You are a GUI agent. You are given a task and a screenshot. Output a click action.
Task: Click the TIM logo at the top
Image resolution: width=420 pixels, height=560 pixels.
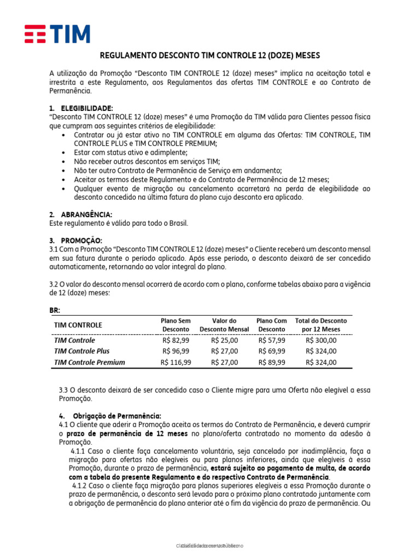[x=57, y=34]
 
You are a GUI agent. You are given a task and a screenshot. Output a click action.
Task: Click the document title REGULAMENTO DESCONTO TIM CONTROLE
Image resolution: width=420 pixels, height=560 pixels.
[x=210, y=56]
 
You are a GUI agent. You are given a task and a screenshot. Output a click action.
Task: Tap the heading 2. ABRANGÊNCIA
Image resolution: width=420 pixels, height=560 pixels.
[x=85, y=214]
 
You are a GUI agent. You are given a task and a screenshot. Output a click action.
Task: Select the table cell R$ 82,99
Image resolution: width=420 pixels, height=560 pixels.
[x=176, y=340]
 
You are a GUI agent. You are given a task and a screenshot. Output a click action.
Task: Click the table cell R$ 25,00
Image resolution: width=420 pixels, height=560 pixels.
[x=224, y=340]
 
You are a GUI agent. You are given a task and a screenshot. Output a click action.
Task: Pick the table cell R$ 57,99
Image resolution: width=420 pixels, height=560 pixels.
[x=271, y=340]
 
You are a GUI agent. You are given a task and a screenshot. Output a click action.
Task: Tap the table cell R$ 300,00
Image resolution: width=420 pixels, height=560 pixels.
[x=321, y=340]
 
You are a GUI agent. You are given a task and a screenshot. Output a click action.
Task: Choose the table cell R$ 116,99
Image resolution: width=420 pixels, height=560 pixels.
[x=176, y=362]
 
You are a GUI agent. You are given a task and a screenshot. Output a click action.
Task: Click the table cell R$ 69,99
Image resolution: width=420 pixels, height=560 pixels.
[x=271, y=351]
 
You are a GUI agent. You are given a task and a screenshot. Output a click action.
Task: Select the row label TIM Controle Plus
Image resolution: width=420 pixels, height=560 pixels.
[x=82, y=351]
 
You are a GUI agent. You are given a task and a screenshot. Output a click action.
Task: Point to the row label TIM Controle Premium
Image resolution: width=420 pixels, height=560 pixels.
[x=89, y=362]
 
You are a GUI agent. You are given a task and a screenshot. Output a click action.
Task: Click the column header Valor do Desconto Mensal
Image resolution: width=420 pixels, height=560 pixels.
[x=224, y=325]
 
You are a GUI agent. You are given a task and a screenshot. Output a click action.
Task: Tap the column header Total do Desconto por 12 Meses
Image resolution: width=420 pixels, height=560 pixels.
[x=321, y=325]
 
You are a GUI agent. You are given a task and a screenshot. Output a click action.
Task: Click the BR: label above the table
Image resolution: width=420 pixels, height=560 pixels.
[x=55, y=311]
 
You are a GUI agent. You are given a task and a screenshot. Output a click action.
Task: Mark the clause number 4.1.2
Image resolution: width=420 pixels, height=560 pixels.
[x=81, y=486]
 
